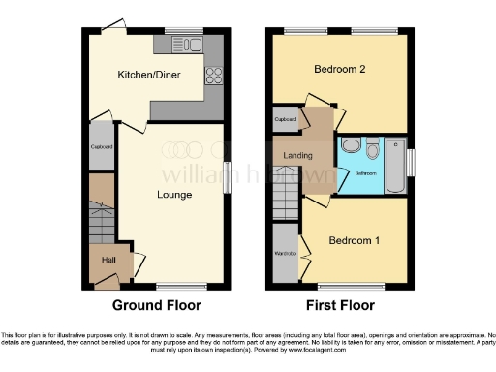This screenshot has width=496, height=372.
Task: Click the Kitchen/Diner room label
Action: [145, 75]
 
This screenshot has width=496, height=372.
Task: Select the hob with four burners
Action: [213, 74]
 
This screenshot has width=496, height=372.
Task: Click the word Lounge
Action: [175, 195]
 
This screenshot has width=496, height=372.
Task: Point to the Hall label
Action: [109, 262]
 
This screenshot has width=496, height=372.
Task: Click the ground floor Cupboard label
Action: [102, 146]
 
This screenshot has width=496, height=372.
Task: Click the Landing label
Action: [297, 156]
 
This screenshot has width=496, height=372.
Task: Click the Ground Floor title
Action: [157, 305]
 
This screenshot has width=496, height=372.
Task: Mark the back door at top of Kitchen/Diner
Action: [117, 26]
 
